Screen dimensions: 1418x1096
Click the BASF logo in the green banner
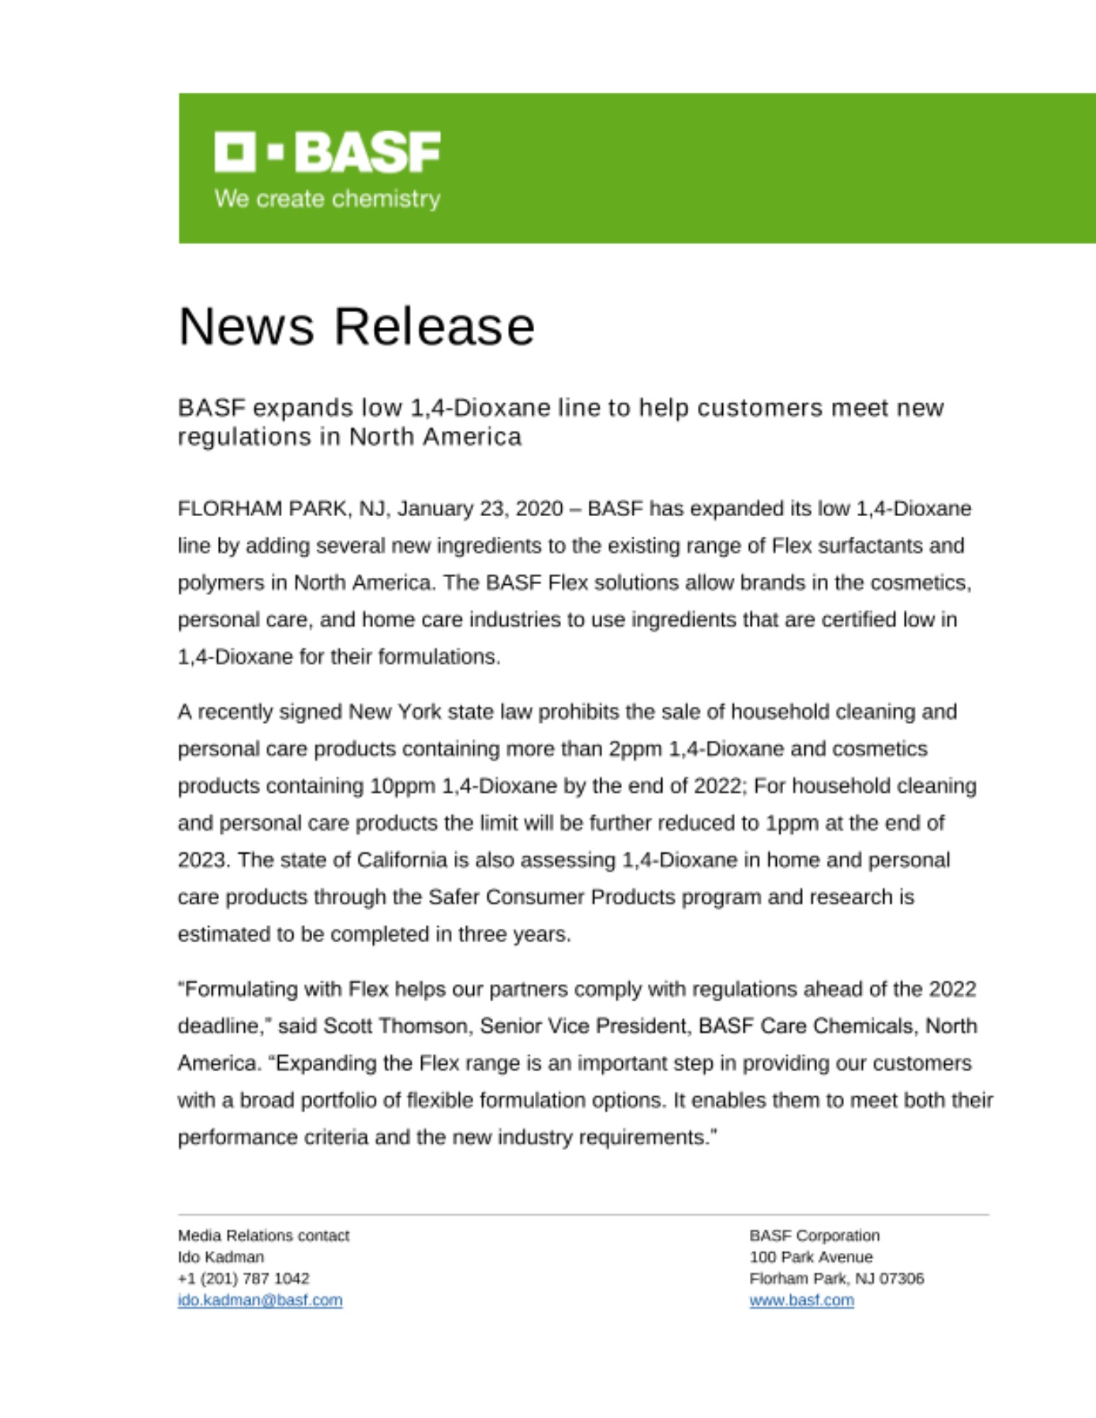tap(327, 151)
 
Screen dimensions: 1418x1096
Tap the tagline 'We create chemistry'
tap(327, 199)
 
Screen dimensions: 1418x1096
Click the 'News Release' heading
tap(356, 327)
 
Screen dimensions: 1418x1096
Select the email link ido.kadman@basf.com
tap(260, 1300)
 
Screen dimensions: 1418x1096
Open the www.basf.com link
tap(802, 1300)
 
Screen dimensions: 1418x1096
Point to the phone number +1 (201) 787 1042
tap(243, 1278)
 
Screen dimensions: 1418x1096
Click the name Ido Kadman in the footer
tap(221, 1257)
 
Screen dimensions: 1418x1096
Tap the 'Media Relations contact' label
tap(263, 1236)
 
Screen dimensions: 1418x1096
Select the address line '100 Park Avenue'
tap(811, 1257)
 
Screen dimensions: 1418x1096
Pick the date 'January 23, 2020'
tap(480, 509)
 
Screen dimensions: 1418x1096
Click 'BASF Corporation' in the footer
tap(814, 1236)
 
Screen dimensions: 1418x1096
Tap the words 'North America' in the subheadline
tap(435, 437)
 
